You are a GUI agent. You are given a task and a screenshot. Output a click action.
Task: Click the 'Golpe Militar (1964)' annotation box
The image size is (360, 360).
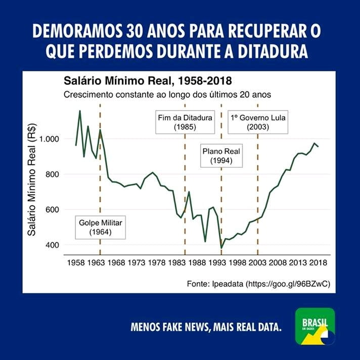(x=100, y=228)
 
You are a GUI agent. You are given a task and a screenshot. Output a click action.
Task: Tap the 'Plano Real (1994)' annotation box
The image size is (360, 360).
(x=221, y=156)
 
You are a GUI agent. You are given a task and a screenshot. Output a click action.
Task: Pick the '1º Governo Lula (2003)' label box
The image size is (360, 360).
(x=258, y=122)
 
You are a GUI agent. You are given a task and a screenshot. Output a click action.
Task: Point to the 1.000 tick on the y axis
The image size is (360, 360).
(x=50, y=139)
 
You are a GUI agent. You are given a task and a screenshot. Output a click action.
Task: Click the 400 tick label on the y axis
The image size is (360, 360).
(x=52, y=245)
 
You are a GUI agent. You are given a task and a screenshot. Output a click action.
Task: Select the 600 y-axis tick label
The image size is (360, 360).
(x=52, y=210)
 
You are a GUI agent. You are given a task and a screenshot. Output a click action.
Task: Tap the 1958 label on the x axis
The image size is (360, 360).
(x=76, y=263)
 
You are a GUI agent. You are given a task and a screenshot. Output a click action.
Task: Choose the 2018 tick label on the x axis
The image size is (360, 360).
(x=318, y=263)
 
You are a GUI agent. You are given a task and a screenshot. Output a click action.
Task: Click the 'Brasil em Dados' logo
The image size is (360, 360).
(x=315, y=326)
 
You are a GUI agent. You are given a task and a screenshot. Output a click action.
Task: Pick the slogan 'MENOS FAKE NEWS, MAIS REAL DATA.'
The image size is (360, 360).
(x=206, y=327)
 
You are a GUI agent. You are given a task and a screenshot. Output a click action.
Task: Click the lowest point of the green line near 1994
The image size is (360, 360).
(x=221, y=248)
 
